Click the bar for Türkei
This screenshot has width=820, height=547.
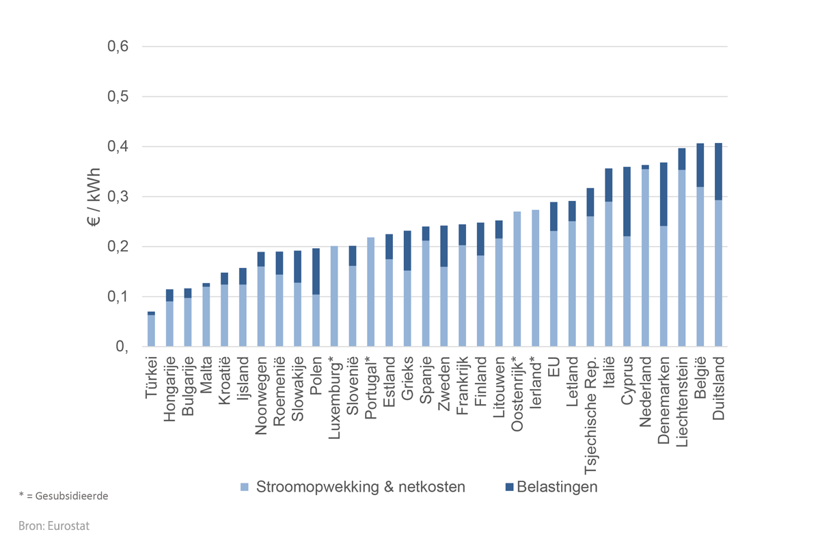[151, 331]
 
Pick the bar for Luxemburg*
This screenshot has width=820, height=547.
[334, 297]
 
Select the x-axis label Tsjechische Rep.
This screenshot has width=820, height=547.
[590, 406]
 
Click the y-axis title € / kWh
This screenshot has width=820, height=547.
[94, 197]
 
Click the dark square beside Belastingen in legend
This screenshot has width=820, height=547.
[508, 488]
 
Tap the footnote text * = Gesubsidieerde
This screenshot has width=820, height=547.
[62, 496]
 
